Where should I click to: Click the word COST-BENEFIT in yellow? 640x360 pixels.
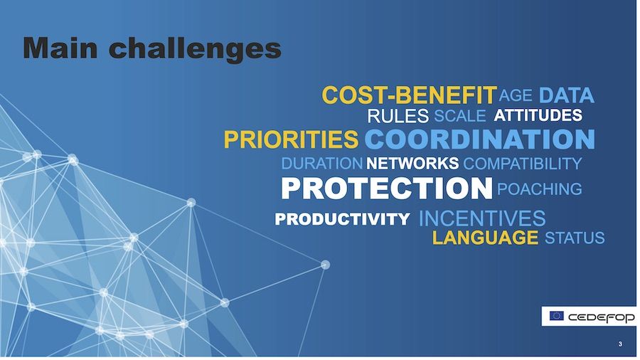click(x=410, y=95)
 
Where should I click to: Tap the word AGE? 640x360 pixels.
click(x=516, y=95)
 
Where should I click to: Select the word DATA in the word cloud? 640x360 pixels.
click(x=567, y=95)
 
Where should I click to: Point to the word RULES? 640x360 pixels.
click(x=398, y=117)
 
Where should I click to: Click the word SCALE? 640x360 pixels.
click(x=459, y=117)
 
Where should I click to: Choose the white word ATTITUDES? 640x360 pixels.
click(x=538, y=115)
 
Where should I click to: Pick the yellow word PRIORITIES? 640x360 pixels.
click(x=291, y=139)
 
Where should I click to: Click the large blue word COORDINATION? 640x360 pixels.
click(x=480, y=139)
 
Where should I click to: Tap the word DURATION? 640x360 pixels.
click(x=322, y=164)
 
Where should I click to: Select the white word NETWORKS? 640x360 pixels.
click(x=412, y=164)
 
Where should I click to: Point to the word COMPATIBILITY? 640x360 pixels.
click(x=523, y=164)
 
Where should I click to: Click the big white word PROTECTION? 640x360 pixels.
click(x=387, y=189)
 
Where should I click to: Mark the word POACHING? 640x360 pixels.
click(x=540, y=189)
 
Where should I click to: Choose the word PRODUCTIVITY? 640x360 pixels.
click(x=343, y=219)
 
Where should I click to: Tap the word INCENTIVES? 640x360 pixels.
click(x=482, y=218)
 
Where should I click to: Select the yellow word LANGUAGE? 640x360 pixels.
click(x=485, y=238)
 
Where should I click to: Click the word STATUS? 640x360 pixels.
click(x=575, y=238)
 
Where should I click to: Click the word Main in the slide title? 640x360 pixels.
click(x=60, y=48)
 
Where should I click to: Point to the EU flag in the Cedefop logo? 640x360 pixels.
click(x=556, y=316)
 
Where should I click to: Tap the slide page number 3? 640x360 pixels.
click(x=620, y=344)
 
